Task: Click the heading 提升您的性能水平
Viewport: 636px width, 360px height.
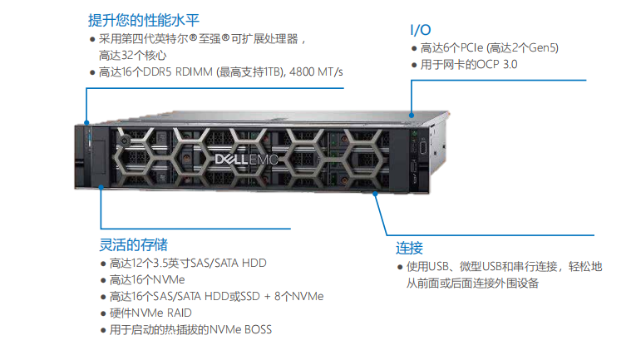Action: pos(144,20)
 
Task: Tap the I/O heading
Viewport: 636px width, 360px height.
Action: pos(420,30)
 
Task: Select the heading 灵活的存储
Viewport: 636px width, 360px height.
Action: pos(134,244)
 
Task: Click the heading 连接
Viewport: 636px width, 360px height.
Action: pos(409,248)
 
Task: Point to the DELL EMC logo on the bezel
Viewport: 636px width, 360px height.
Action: pos(246,160)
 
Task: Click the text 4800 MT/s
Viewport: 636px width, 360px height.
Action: pos(316,72)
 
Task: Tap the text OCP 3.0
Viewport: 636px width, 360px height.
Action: pos(497,65)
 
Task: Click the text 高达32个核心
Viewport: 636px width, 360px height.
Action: pos(133,55)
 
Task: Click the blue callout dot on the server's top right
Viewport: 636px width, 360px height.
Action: pos(412,116)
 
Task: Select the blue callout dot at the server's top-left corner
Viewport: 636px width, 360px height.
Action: pos(86,122)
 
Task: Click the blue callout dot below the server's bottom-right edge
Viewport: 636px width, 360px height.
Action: pos(375,195)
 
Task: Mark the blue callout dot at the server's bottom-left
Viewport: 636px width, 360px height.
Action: pos(101,187)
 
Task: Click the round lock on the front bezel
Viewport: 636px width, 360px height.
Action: pos(125,141)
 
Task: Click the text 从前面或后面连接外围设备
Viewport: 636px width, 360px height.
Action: pos(472,283)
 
